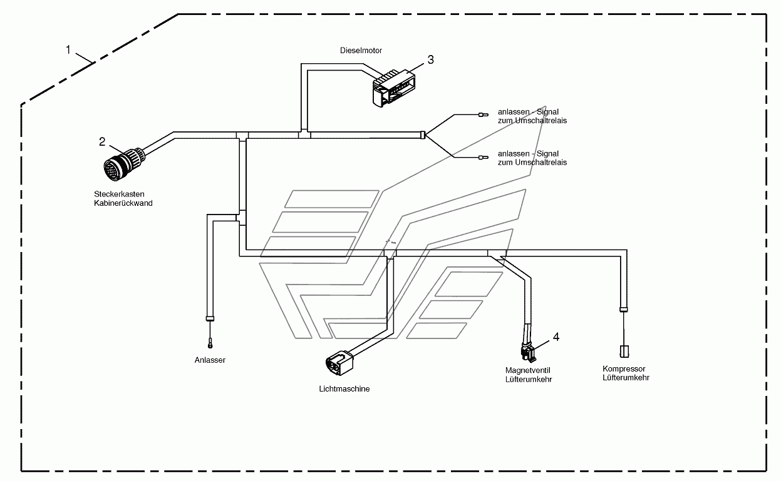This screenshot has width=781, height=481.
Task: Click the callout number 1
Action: (x=68, y=50)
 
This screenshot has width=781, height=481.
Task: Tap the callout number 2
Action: (x=102, y=142)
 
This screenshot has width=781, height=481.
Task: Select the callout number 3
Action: (x=431, y=60)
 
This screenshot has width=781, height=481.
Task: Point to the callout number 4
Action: (x=556, y=337)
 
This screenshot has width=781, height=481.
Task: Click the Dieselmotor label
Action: (x=361, y=51)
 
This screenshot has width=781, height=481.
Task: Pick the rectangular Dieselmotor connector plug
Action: (x=394, y=88)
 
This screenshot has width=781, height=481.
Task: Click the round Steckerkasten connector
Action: (x=124, y=164)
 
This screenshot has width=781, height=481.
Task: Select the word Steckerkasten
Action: (x=119, y=194)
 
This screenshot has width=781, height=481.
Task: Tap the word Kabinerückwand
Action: (x=123, y=203)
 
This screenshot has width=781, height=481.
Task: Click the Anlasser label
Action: (x=210, y=360)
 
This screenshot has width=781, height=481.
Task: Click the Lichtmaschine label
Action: (x=344, y=389)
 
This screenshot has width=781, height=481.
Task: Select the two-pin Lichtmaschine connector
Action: (x=339, y=363)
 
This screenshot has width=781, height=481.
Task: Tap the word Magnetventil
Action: (x=527, y=370)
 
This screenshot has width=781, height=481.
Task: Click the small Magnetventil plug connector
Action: (x=528, y=353)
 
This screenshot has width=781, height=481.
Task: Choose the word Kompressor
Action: (x=624, y=369)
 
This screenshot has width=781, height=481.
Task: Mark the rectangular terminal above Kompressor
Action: (x=624, y=352)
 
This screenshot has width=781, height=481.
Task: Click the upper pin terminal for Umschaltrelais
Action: (x=484, y=114)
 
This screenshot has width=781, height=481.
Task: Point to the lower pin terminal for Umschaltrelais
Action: (x=484, y=158)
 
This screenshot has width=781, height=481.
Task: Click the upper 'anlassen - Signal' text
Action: (x=528, y=112)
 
